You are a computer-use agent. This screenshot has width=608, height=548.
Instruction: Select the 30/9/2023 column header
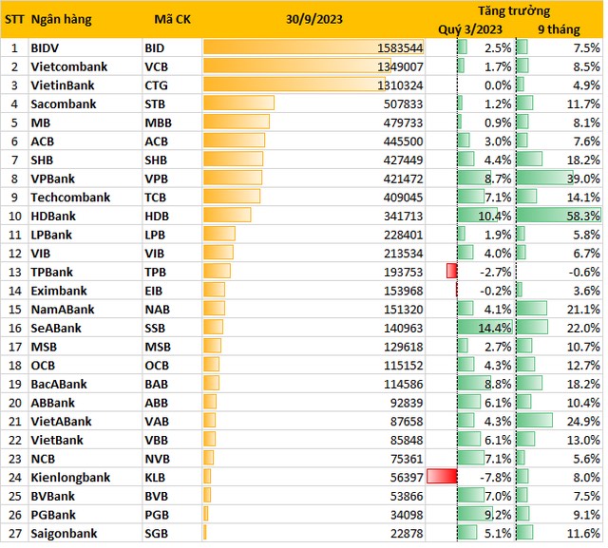click(x=314, y=20)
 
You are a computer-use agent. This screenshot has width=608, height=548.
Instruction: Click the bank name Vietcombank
click(x=68, y=66)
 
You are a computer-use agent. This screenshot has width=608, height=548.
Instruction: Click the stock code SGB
click(x=156, y=532)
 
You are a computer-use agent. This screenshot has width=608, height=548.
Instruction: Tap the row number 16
click(x=14, y=328)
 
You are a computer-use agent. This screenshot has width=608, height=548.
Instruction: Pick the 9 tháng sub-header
click(x=555, y=29)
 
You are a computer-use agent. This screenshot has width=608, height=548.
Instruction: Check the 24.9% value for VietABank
click(x=580, y=421)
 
